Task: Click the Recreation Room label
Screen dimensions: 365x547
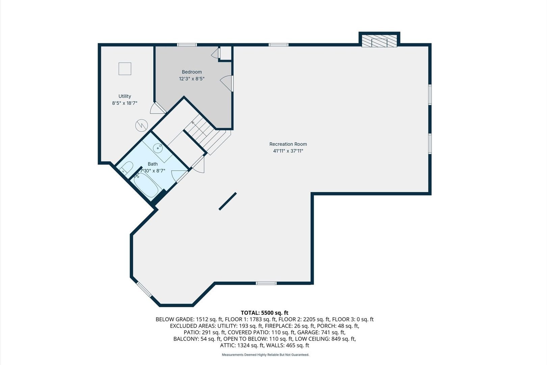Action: [x=288, y=144]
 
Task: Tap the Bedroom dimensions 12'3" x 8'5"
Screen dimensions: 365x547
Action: [x=191, y=79]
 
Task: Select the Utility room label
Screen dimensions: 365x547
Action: [x=125, y=96]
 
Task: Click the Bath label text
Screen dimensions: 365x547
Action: [x=153, y=164]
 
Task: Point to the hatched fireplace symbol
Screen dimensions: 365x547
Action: [x=379, y=41]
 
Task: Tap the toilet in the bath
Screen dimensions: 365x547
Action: [x=127, y=168]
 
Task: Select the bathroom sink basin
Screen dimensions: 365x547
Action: [x=158, y=148]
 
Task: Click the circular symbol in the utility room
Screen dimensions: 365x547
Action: [x=142, y=126]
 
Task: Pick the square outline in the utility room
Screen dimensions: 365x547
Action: [x=125, y=69]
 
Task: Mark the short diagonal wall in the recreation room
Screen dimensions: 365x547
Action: [x=228, y=201]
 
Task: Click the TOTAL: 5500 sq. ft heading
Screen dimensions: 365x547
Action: [x=264, y=313]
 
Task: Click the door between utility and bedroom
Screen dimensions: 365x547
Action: [x=157, y=108]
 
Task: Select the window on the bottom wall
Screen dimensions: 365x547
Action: [x=266, y=283]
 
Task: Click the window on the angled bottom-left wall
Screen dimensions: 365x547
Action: [x=144, y=289]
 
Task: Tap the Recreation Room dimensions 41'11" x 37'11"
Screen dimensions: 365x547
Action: [x=288, y=151]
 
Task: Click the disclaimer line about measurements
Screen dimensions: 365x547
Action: [x=265, y=355]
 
